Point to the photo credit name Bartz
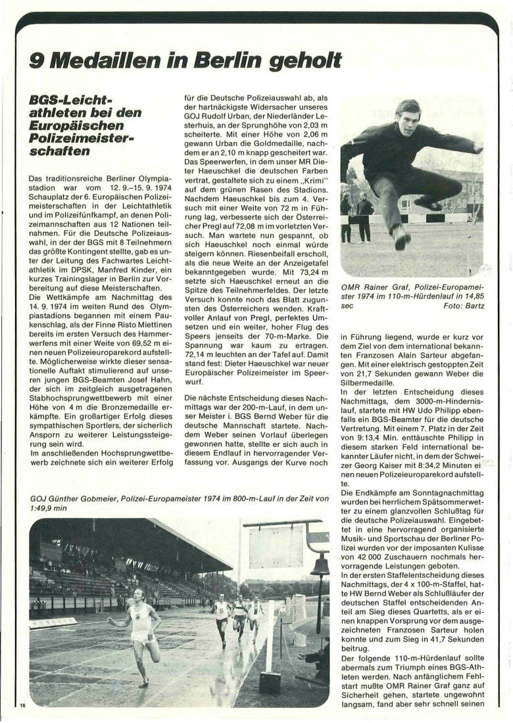coord(471,306)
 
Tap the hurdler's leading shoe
coord(402,237)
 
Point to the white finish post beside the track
coord(270,638)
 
